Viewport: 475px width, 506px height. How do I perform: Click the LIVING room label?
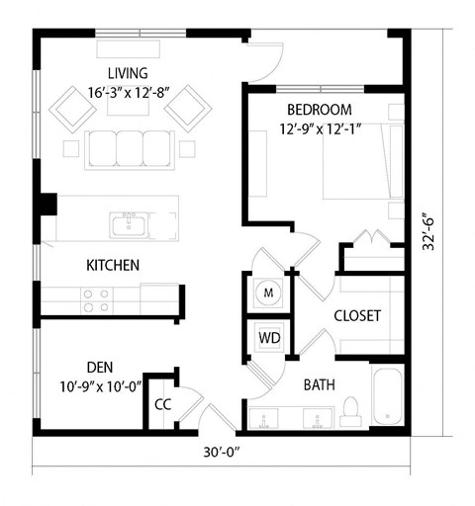(x=129, y=73)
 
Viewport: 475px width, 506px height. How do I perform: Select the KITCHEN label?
(x=112, y=266)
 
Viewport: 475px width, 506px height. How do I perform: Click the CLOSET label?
(x=357, y=317)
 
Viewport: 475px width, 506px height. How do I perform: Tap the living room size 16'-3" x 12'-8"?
(x=129, y=92)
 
